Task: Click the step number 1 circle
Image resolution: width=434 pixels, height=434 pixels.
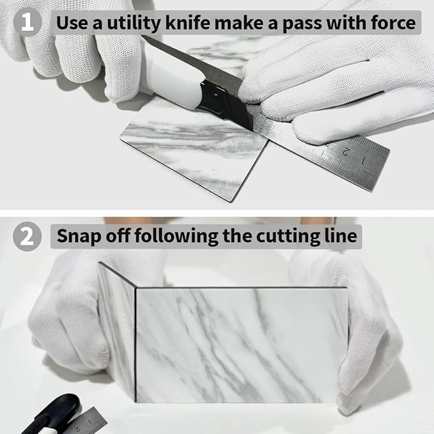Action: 27,22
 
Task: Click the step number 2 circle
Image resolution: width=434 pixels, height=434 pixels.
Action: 27,236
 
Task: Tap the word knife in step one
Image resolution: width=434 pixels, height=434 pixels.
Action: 187,22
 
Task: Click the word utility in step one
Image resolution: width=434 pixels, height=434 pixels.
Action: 134,23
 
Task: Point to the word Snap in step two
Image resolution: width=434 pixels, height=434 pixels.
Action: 79,236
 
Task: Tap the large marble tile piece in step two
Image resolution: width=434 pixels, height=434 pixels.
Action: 242,345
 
